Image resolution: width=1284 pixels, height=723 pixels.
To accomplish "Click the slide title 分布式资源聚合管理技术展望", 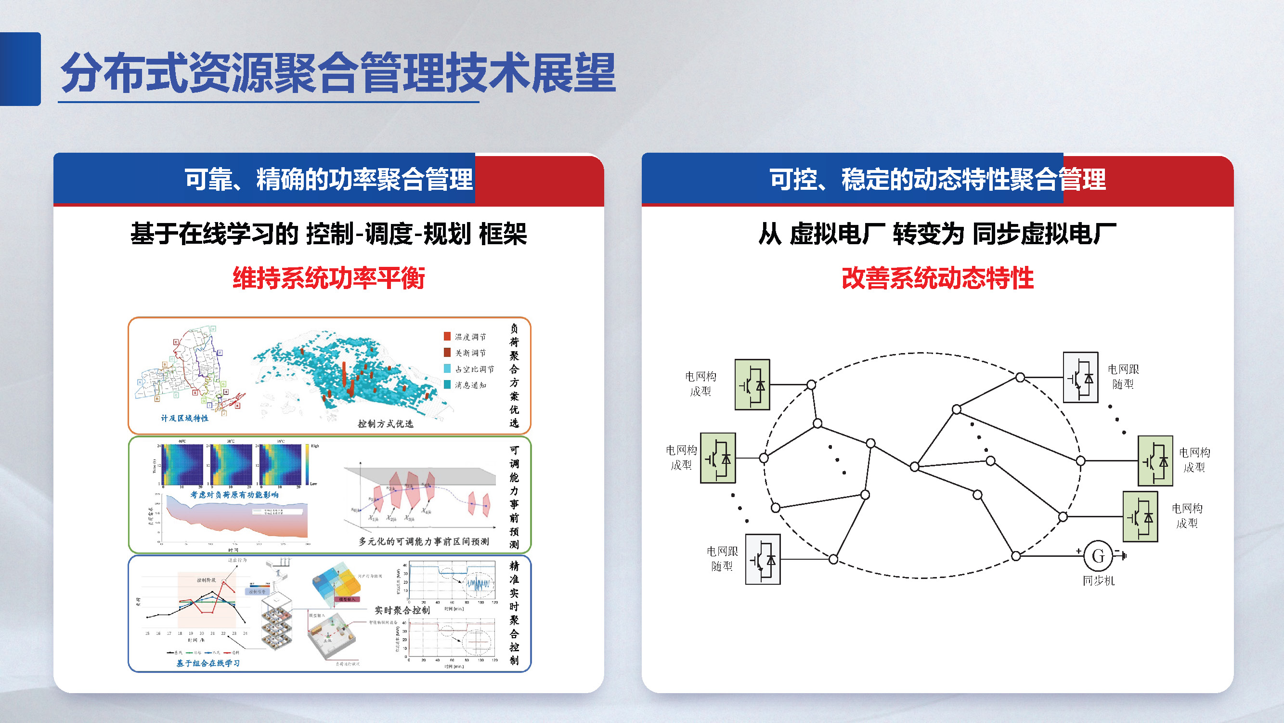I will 338,73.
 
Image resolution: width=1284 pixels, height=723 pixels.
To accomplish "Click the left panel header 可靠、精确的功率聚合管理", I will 328,180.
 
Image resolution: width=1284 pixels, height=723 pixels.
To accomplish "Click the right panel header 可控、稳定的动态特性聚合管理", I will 937,180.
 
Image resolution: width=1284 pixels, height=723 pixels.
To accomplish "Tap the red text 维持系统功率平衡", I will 328,278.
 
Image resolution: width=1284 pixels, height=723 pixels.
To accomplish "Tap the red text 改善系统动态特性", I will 937,278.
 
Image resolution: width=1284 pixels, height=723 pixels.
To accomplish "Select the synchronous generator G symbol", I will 1098,556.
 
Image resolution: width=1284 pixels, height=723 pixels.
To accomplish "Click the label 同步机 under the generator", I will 1098,581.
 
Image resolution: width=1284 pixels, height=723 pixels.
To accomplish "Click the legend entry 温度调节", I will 469,337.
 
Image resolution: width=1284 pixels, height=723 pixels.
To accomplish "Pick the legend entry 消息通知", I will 469,385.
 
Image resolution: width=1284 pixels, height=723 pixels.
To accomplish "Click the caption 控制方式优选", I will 385,424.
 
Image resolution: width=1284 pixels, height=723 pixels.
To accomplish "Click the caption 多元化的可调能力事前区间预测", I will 423,541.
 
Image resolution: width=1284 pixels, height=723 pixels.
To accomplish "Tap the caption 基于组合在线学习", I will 208,663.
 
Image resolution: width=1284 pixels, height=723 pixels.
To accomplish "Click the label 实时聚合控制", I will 402,610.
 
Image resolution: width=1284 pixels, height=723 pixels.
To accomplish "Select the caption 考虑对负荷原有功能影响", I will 234,495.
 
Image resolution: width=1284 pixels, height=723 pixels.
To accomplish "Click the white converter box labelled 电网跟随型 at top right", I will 1080,378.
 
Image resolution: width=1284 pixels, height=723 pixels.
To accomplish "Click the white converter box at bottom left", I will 763,559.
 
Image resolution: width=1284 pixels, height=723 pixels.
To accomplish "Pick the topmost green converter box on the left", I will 752,384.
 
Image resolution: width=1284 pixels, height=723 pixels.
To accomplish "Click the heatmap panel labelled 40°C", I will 183,464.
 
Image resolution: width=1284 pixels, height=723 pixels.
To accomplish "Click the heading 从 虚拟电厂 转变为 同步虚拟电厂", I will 937,234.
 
